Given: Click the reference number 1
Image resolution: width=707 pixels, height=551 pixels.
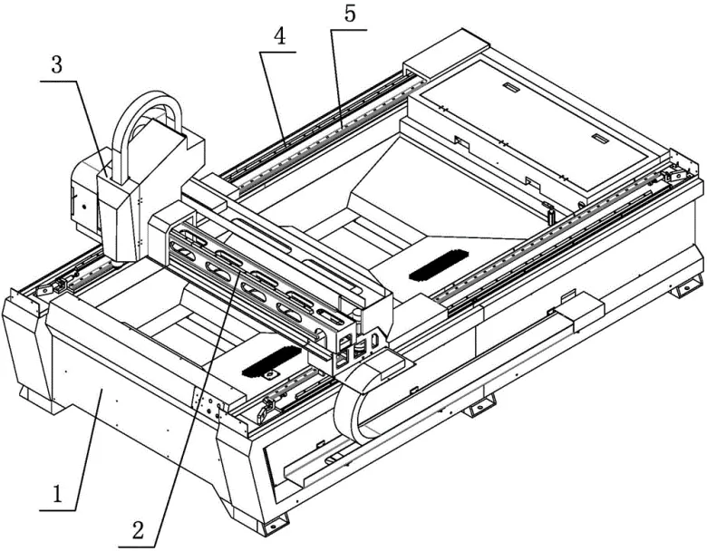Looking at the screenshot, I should click(56, 495).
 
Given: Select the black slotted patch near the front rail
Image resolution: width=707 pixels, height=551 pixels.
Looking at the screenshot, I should click(271, 364).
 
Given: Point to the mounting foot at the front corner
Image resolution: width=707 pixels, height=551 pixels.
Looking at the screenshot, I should click(269, 524).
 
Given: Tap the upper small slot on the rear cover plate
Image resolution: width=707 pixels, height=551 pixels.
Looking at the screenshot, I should click(509, 88).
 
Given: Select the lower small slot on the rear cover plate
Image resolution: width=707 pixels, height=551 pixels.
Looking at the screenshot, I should click(598, 139).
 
